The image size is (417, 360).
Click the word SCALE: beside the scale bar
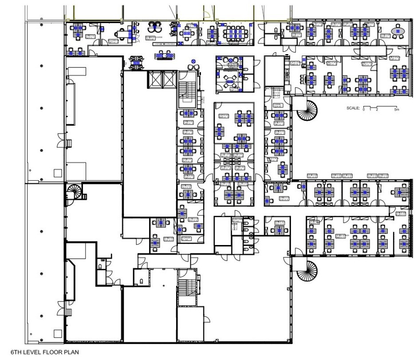pyautogui.click(x=353, y=108)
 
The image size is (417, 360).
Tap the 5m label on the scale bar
pyautogui.click(x=397, y=109)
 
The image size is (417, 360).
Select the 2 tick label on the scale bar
pyautogui.click(x=377, y=109)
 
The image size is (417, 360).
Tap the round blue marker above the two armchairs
pyautogui.click(x=193, y=60)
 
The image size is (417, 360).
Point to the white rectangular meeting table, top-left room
pyautogui.click(x=121, y=33)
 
